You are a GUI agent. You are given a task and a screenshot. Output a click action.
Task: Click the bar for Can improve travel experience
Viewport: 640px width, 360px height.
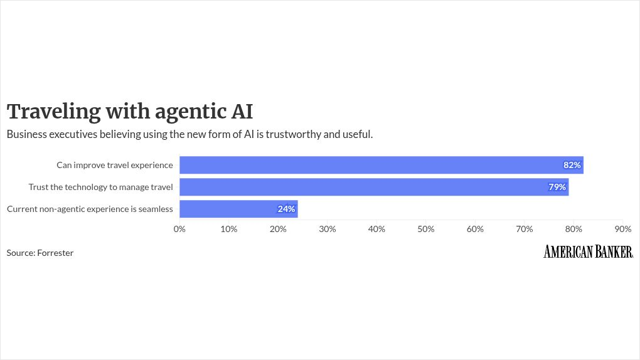pyautogui.click(x=381, y=165)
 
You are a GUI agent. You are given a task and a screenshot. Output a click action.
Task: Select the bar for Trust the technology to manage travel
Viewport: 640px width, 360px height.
pyautogui.click(x=374, y=187)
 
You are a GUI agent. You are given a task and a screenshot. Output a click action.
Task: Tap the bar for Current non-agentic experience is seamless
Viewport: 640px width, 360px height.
pyautogui.click(x=238, y=209)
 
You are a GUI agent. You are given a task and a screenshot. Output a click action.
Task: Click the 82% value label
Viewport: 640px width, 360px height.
pyautogui.click(x=572, y=165)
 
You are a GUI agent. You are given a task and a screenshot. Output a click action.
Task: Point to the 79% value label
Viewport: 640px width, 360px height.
pyautogui.click(x=557, y=187)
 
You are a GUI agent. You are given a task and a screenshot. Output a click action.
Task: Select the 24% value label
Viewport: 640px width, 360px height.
pyautogui.click(x=286, y=209)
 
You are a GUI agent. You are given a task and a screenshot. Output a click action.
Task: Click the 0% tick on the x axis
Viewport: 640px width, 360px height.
pyautogui.click(x=179, y=229)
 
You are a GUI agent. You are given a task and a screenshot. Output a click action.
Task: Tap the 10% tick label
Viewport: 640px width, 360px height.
pyautogui.click(x=228, y=229)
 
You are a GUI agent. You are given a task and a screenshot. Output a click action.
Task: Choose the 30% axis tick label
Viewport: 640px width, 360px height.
pyautogui.click(x=328, y=229)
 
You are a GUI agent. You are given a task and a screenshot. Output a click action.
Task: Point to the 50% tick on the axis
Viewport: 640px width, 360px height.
pyautogui.click(x=425, y=229)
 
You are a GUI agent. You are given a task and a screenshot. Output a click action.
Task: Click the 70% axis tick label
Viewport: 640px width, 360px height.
pyautogui.click(x=524, y=229)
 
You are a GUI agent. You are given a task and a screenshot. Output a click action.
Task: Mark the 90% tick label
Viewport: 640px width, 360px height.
pyautogui.click(x=623, y=229)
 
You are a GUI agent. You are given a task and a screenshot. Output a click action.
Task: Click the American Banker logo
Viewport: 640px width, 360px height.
pyautogui.click(x=588, y=251)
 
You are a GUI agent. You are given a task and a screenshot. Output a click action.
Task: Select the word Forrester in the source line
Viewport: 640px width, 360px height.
pyautogui.click(x=55, y=253)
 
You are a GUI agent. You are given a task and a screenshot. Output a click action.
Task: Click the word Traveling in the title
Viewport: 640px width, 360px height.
pyautogui.click(x=53, y=112)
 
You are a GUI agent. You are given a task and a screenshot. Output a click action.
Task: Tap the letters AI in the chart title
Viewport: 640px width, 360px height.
pyautogui.click(x=242, y=112)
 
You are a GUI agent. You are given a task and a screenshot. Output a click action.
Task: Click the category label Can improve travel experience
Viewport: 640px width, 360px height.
pyautogui.click(x=115, y=165)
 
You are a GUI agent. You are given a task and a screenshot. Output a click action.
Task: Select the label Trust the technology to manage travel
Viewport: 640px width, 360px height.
pyautogui.click(x=101, y=187)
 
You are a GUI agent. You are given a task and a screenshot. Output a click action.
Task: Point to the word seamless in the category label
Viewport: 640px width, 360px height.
pyautogui.click(x=156, y=209)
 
